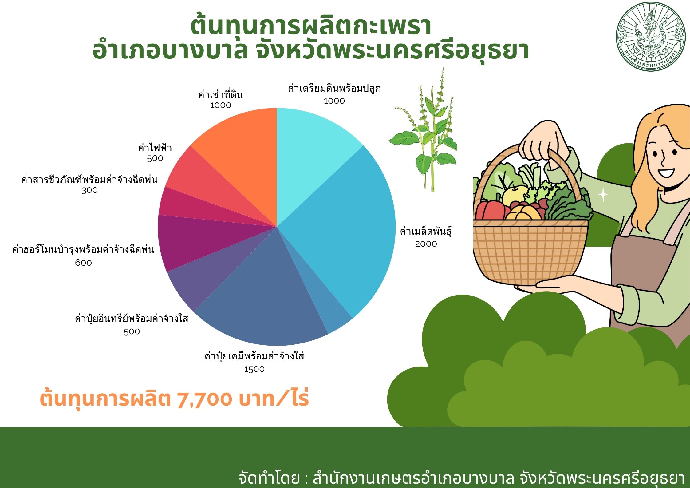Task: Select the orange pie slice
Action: pyautogui.click(x=243, y=154)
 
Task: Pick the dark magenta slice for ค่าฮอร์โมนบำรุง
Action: pyautogui.click(x=197, y=240)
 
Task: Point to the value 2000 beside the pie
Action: pyautogui.click(x=426, y=244)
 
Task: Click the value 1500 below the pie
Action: pyautogui.click(x=254, y=369)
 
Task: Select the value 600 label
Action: pyautogui.click(x=83, y=263)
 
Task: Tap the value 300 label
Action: pyautogui.click(x=89, y=190)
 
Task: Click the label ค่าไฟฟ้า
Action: pyautogui.click(x=155, y=148)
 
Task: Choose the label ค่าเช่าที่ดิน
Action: pyautogui.click(x=220, y=94)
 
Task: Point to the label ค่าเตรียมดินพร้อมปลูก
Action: pyautogui.click(x=334, y=89)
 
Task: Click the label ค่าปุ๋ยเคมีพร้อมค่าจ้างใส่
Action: pyautogui.click(x=254, y=356)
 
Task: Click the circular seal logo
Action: pyautogui.click(x=651, y=37)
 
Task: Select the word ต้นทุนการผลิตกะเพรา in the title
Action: pyautogui.click(x=311, y=26)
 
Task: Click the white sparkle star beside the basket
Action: pyautogui.click(x=603, y=194)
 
